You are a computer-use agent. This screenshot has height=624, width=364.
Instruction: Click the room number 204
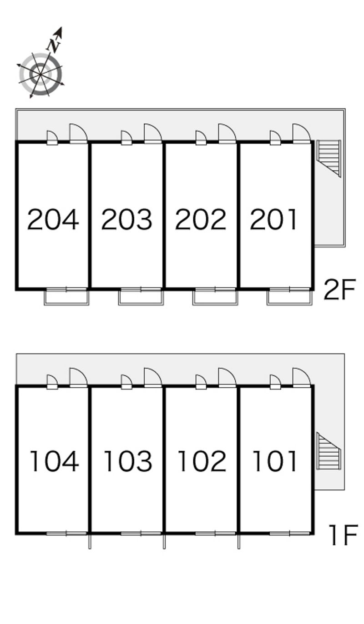pyautogui.click(x=53, y=220)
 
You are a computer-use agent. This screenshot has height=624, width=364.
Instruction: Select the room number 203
pyautogui.click(x=126, y=220)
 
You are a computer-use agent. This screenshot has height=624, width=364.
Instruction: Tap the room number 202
pyautogui.click(x=201, y=220)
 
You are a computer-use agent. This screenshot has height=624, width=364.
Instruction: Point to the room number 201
pyautogui.click(x=274, y=220)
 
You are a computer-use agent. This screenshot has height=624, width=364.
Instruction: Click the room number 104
pyautogui.click(x=54, y=461)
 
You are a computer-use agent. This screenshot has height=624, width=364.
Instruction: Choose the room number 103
pyautogui.click(x=128, y=461)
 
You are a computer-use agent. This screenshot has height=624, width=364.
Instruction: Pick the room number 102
pyautogui.click(x=202, y=461)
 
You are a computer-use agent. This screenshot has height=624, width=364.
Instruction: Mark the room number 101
pyautogui.click(x=275, y=461)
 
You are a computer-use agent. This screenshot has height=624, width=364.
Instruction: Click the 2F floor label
pyautogui.click(x=339, y=290)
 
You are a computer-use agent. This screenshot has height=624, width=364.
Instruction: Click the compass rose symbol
pyautogui.click(x=40, y=74)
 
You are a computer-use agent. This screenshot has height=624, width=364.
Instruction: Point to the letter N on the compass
pyautogui.click(x=54, y=45)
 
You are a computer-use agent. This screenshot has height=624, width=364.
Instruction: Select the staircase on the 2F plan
pyautogui.click(x=329, y=158)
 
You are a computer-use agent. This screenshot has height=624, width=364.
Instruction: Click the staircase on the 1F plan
pyautogui.click(x=329, y=451)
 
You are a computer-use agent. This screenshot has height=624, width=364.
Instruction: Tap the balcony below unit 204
pyautogui.click(x=66, y=297)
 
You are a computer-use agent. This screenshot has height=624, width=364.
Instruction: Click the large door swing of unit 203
pyautogui.click(x=153, y=134)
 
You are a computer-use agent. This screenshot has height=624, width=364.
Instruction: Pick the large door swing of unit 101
pyautogui.click(x=301, y=378)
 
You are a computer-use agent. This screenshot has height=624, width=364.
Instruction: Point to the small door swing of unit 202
pyautogui.click(x=201, y=138)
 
